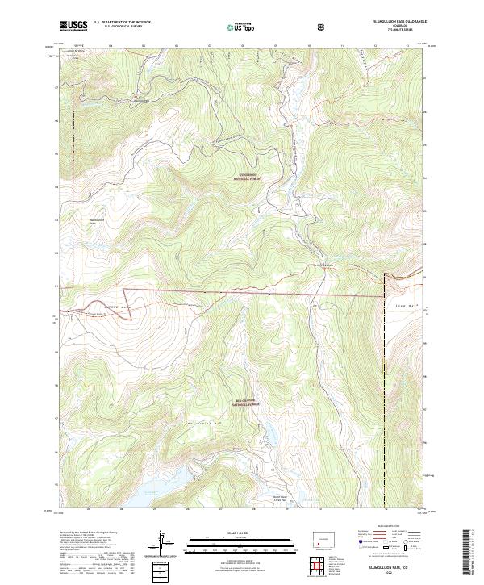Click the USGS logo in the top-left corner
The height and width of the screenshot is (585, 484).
73,26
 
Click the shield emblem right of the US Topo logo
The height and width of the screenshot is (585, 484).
322,26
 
